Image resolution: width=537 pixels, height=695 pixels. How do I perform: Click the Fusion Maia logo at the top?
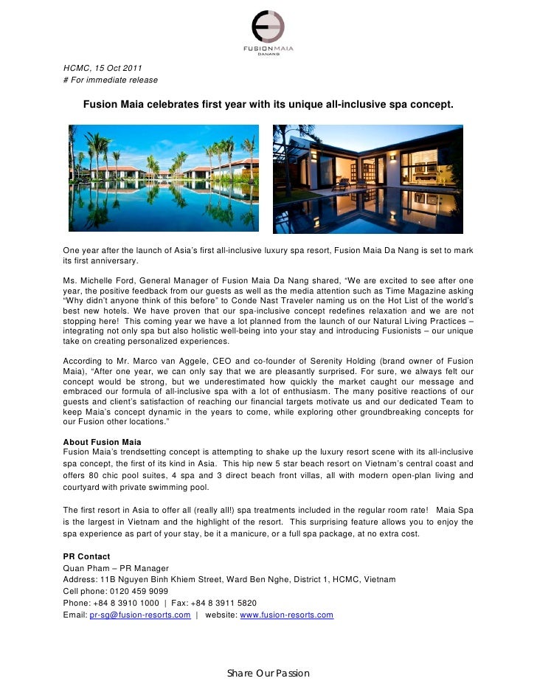(x=268, y=32)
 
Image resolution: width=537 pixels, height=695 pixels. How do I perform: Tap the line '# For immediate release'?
(x=110, y=80)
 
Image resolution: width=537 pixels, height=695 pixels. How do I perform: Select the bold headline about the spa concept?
(x=268, y=106)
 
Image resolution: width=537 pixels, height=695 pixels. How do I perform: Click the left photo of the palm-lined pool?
(x=164, y=178)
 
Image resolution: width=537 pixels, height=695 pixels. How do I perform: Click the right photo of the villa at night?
(x=368, y=178)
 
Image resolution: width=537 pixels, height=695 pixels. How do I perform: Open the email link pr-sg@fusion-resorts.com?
(x=140, y=615)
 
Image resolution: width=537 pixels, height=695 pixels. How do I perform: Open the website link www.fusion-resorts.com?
(x=287, y=615)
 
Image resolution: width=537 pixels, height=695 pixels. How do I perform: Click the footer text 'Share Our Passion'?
(x=268, y=674)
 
